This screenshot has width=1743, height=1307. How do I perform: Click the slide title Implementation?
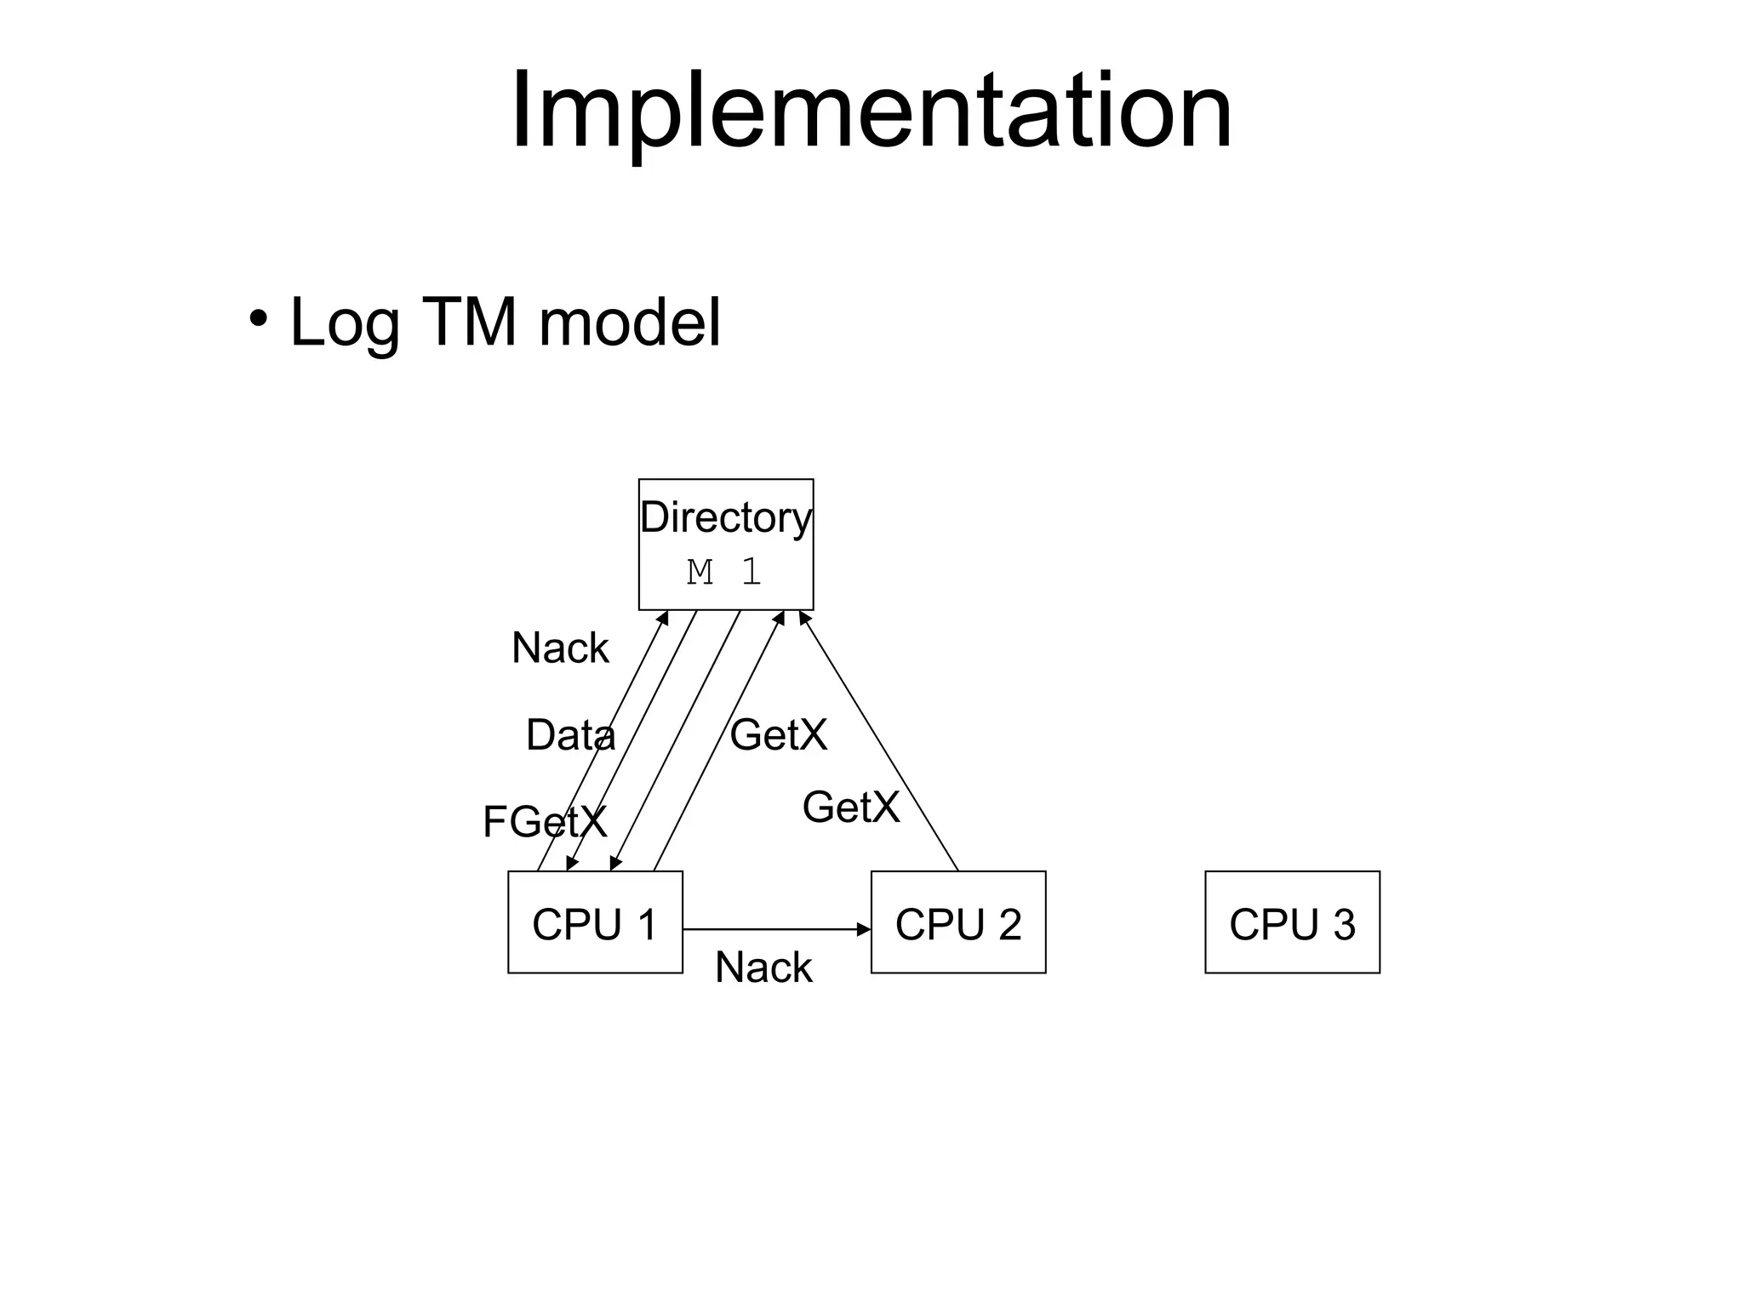tap(871, 111)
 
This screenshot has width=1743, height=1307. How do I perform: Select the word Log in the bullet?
tap(344, 324)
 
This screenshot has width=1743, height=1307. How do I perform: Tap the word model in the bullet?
tap(630, 322)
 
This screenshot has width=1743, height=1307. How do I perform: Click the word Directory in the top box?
tap(725, 517)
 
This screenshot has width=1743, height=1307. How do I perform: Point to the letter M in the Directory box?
tap(700, 572)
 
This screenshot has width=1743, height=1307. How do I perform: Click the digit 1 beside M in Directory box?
tap(751, 572)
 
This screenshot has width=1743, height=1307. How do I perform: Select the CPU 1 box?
tap(595, 922)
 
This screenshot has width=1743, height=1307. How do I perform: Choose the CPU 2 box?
tap(957, 922)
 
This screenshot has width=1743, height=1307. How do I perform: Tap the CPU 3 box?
tap(1292, 922)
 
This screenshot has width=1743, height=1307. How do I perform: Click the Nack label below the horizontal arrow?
tap(763, 967)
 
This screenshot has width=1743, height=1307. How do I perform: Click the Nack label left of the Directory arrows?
tap(560, 648)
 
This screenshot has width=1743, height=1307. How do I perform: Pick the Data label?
tap(570, 735)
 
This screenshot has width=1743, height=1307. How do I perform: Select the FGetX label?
tap(545, 822)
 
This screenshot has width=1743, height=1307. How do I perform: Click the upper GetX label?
tap(778, 735)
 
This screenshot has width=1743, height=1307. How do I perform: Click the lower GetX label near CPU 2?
tap(850, 808)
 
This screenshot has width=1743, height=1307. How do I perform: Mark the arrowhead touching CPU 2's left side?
tap(864, 929)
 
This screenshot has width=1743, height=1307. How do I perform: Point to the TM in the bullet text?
tap(469, 322)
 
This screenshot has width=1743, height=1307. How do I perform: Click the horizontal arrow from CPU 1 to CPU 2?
tap(766, 929)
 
